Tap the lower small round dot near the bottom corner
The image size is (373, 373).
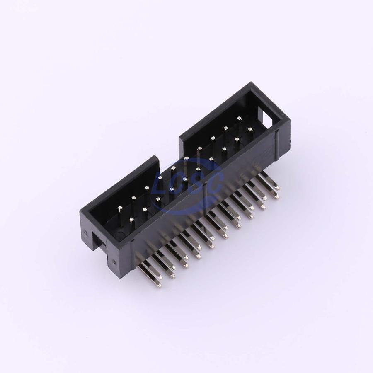click(114, 262)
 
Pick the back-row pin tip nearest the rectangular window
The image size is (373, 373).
click(239, 118)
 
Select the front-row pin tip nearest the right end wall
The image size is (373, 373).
click(250, 129)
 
